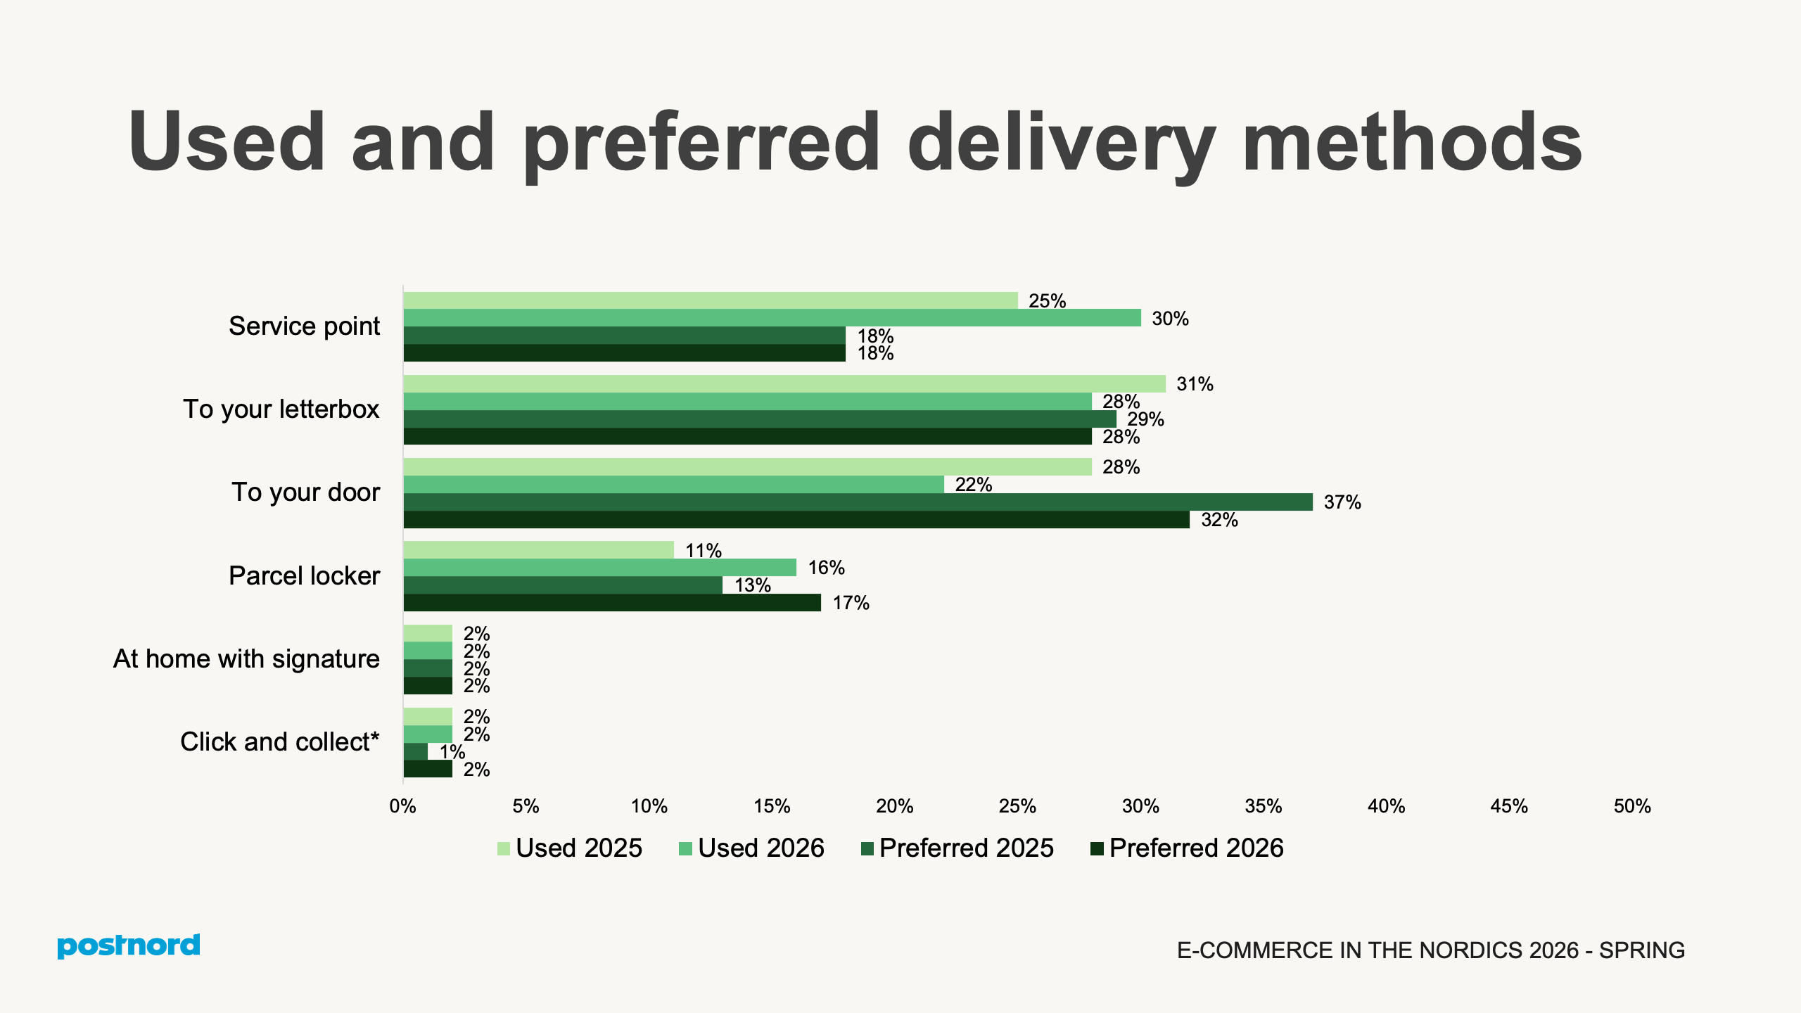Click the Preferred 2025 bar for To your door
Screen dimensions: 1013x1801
(858, 502)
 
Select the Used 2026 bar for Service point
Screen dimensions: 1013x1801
(772, 318)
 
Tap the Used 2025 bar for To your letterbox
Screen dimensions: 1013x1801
(784, 384)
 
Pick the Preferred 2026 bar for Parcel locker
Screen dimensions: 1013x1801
(612, 603)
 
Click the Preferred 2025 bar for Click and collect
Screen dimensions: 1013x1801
(416, 752)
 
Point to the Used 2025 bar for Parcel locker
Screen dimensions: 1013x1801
(538, 550)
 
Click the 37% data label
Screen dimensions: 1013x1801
(1342, 502)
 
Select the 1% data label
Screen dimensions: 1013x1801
(452, 752)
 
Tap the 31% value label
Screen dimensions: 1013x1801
(1195, 384)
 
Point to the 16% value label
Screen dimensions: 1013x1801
(826, 568)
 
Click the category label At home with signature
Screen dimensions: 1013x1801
(246, 659)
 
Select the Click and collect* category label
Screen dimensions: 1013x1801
(279, 742)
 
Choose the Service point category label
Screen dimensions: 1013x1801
(304, 326)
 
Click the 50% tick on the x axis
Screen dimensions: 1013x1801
(1631, 806)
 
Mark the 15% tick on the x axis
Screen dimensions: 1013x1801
(772, 806)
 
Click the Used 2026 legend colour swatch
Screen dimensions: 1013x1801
(686, 849)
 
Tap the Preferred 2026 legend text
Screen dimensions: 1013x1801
(1196, 848)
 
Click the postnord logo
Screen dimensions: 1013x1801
(129, 945)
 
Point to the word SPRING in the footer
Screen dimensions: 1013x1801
(1641, 950)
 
